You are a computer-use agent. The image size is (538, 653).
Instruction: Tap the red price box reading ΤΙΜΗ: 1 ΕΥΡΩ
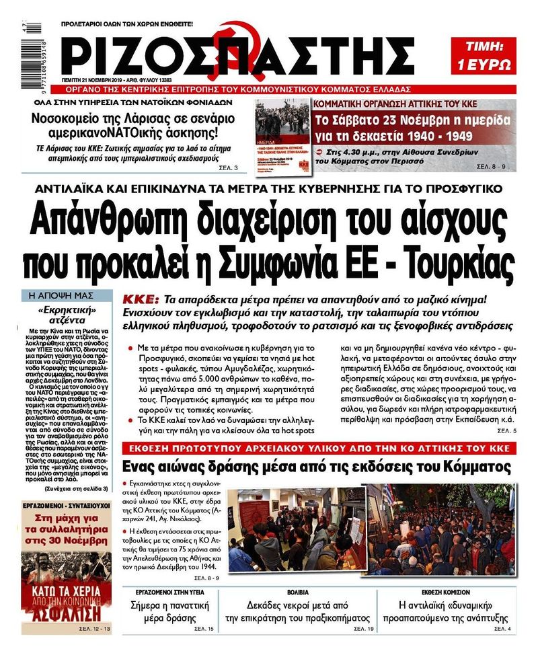(x=484, y=55)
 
